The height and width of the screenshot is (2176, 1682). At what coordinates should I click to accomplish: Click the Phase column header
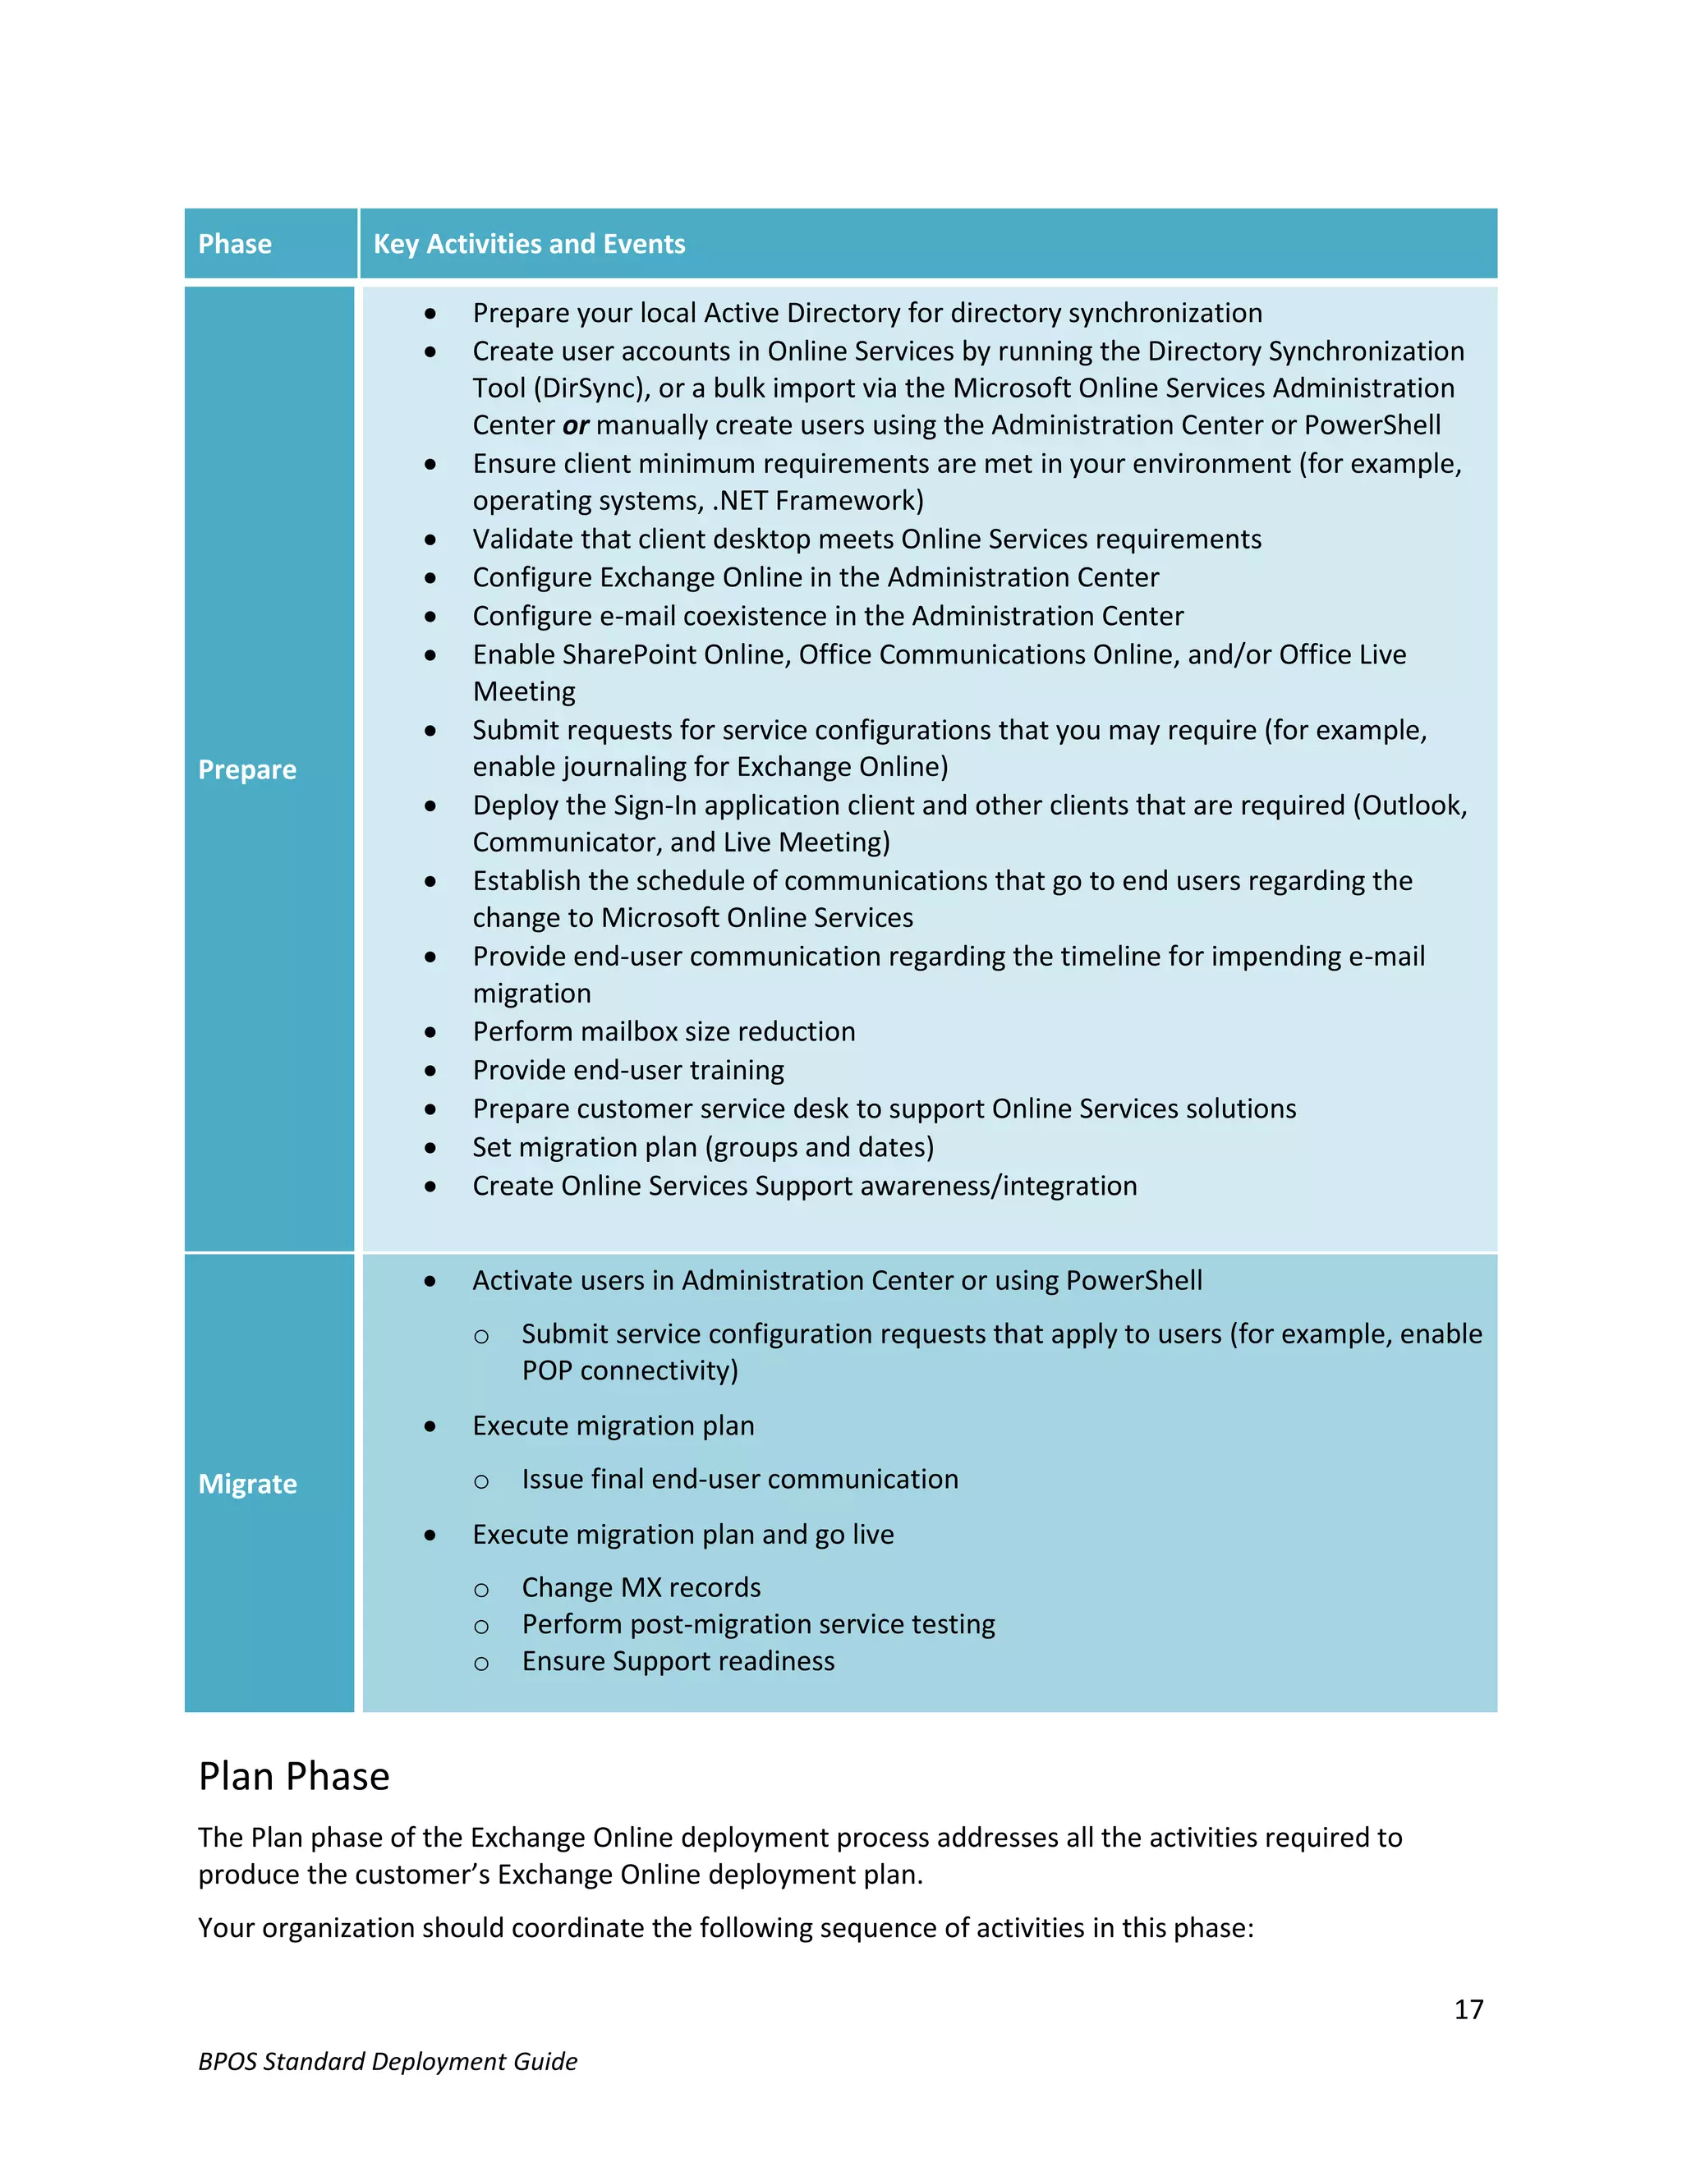click(235, 244)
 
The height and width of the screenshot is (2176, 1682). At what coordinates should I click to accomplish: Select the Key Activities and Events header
click(529, 244)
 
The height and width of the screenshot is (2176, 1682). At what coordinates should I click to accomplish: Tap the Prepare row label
click(247, 769)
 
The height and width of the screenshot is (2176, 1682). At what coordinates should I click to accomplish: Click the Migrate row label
click(247, 1484)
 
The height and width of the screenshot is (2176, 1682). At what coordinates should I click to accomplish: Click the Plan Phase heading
click(294, 1776)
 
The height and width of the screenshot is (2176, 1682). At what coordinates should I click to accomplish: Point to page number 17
click(1468, 2009)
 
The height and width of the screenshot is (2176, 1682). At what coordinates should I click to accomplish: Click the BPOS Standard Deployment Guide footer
click(388, 2061)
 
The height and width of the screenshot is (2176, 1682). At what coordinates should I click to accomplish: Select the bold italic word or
click(576, 425)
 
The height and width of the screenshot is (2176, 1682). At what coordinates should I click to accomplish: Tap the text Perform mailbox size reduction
click(664, 1031)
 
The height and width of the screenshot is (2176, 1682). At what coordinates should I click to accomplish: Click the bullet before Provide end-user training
click(430, 1071)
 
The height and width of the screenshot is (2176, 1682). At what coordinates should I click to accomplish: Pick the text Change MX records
click(641, 1587)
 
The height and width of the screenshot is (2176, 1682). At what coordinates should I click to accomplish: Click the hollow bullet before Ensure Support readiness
click(481, 1663)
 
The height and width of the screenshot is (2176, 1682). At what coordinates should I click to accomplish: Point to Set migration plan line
click(702, 1148)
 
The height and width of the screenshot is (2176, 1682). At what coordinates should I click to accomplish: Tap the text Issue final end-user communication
click(739, 1479)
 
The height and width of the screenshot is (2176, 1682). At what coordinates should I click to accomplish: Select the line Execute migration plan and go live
click(682, 1535)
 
